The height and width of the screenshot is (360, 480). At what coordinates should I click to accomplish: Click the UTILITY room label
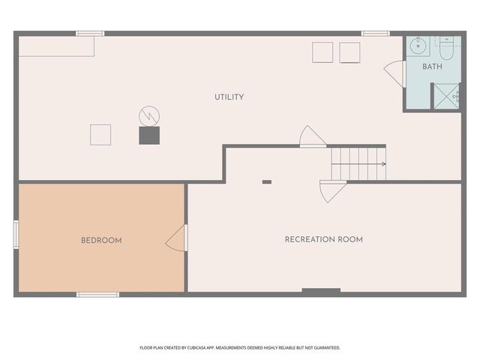(229, 97)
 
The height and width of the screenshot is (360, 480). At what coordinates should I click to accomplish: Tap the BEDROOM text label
(101, 241)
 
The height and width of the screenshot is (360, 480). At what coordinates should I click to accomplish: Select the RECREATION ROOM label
(323, 240)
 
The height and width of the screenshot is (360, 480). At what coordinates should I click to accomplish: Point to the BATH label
(432, 67)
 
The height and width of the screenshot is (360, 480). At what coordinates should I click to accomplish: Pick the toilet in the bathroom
(446, 49)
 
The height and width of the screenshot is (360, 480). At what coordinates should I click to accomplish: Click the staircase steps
(358, 163)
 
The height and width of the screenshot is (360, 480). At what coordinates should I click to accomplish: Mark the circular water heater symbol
(149, 115)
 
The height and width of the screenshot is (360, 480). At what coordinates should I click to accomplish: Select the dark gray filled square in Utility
(149, 135)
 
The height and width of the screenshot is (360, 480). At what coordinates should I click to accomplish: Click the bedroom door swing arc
(177, 238)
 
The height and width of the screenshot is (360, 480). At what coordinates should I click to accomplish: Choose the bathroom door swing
(394, 73)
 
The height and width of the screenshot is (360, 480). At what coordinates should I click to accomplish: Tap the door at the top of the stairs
(312, 137)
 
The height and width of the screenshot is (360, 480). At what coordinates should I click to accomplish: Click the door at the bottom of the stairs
(331, 190)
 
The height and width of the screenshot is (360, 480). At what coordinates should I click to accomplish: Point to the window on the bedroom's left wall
(16, 234)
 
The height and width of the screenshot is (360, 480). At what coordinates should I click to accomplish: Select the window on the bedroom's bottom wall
(97, 295)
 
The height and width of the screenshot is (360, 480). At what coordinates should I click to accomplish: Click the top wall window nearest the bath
(375, 33)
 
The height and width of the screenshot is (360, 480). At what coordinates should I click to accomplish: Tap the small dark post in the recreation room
(266, 181)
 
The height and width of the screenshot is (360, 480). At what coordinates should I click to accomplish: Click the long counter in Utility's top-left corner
(56, 46)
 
